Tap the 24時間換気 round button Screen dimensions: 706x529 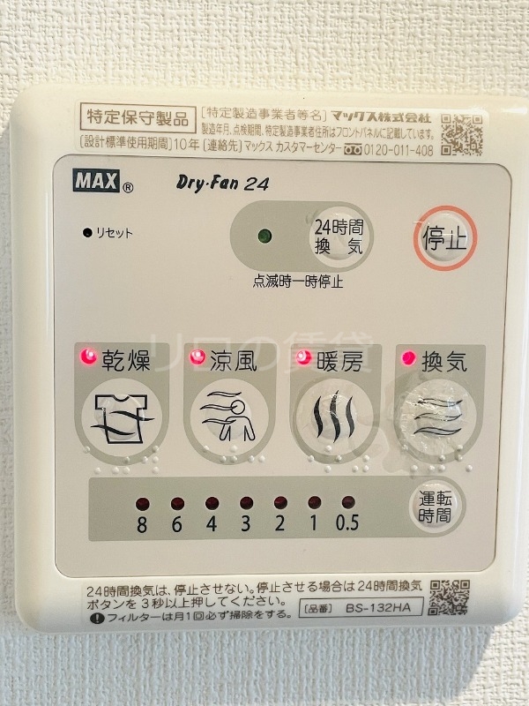(339, 237)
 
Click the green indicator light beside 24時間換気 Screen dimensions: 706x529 (263, 237)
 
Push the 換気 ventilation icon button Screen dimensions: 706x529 (439, 414)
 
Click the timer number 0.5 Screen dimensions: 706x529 (347, 523)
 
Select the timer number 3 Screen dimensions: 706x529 (245, 523)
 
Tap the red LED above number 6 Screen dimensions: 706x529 (177, 503)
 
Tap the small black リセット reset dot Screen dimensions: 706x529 (87, 233)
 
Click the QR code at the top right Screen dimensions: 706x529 (461, 133)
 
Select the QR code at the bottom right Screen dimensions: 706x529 (449, 597)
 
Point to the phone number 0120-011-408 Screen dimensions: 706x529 (399, 150)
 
